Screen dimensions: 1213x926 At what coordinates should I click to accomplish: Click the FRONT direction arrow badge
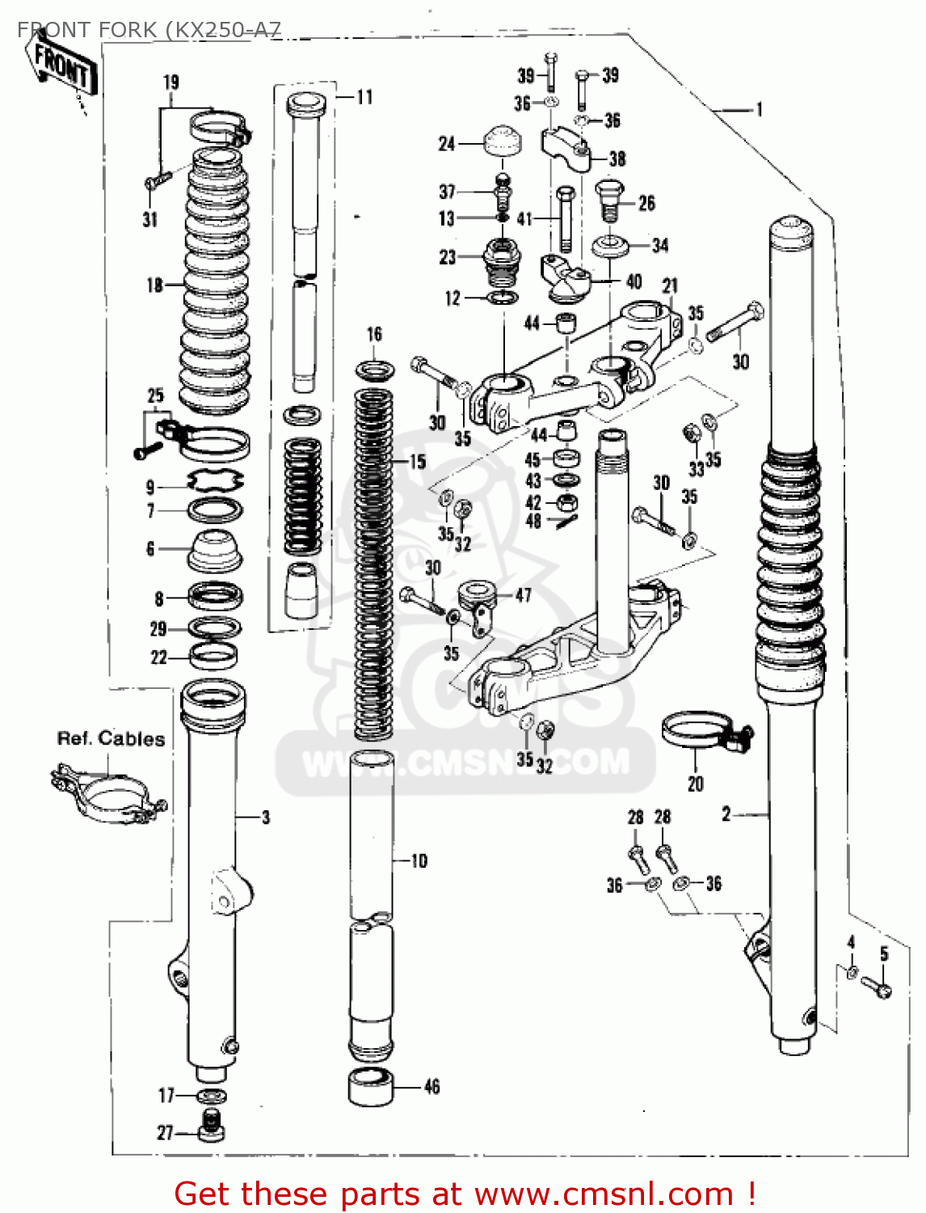pyautogui.click(x=63, y=65)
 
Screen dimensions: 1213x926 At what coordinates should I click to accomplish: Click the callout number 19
pyautogui.click(x=170, y=82)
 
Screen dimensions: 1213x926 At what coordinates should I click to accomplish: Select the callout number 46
pyautogui.click(x=432, y=1087)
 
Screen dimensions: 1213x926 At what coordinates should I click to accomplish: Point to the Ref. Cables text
pyautogui.click(x=111, y=738)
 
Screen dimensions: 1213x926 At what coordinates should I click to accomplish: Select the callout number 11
pyautogui.click(x=364, y=97)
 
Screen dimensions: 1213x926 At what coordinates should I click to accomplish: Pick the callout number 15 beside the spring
pyautogui.click(x=417, y=462)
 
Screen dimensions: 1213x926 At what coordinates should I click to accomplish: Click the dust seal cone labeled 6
pyautogui.click(x=216, y=550)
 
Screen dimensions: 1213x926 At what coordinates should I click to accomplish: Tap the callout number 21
pyautogui.click(x=670, y=285)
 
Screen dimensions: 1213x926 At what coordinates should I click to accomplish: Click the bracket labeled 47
pyautogui.click(x=478, y=606)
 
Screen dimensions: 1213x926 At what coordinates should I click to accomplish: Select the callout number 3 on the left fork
pyautogui.click(x=266, y=818)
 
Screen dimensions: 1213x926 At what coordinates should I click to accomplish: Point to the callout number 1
pyautogui.click(x=759, y=109)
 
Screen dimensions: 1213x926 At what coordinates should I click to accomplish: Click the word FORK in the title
pyautogui.click(x=128, y=30)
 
